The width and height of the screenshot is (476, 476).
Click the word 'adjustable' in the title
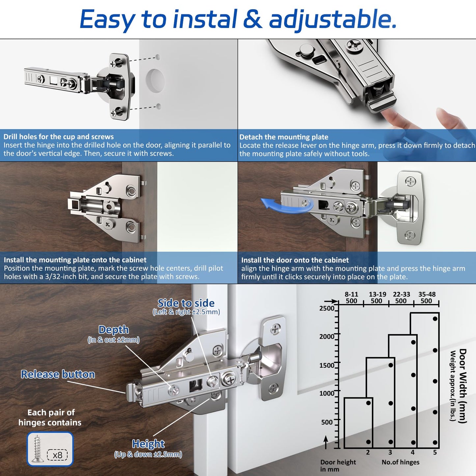pos(332,19)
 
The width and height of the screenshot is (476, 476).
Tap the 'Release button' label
pos(58,374)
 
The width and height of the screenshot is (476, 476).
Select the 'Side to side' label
pos(186,303)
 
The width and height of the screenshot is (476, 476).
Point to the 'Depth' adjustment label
pos(114,330)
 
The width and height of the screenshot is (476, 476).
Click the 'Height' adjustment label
pos(148,444)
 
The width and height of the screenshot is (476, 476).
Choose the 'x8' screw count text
pos(57,455)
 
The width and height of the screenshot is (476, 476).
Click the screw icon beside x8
pos(37,449)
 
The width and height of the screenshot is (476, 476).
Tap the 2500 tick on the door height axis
pos(327,308)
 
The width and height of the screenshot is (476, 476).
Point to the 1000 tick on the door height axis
pos(327,393)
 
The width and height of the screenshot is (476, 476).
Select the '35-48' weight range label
pos(427,294)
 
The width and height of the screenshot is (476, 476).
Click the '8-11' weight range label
pos(351,294)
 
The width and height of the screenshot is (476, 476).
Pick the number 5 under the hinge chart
pos(435,453)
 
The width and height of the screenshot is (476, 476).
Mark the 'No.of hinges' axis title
pos(401,462)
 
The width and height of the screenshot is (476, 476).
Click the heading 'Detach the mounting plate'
pos(284,137)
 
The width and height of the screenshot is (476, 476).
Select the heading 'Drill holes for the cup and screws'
pos(59,137)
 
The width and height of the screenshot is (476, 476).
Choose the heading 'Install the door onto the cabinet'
pos(295,260)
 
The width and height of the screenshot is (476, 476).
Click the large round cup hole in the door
pos(155,80)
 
